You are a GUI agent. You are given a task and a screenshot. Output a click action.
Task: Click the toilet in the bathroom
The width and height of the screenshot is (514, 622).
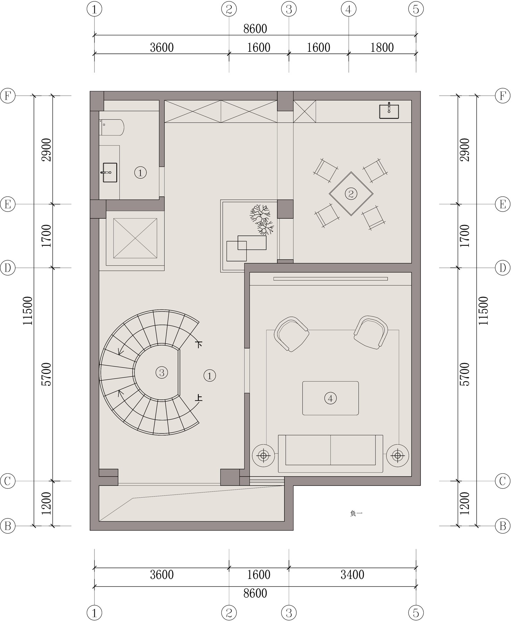click(111, 128)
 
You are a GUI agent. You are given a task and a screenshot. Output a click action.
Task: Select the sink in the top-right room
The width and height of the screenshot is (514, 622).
click(389, 111)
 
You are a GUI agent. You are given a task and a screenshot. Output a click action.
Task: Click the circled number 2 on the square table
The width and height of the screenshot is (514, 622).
click(351, 194)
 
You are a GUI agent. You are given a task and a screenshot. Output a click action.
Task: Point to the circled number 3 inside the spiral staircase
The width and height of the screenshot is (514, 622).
click(161, 373)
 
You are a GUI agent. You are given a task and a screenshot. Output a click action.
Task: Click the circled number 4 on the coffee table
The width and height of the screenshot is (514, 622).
click(330, 398)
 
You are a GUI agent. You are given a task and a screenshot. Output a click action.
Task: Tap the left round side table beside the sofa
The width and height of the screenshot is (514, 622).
click(264, 455)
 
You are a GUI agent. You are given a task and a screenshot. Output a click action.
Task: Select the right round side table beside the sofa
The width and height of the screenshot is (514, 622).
click(398, 455)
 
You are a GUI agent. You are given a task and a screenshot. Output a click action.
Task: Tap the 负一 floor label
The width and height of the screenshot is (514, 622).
click(357, 513)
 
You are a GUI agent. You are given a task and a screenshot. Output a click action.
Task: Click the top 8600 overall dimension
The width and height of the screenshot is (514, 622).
click(255, 29)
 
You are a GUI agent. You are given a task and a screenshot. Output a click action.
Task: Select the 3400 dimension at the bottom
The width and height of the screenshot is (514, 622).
click(352, 575)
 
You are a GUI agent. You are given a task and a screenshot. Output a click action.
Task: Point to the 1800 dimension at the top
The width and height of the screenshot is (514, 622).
click(382, 48)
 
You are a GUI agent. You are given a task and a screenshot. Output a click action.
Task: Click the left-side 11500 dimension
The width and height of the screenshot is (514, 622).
click(27, 311)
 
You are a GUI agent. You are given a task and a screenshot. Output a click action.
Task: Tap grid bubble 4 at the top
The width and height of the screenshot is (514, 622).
click(348, 9)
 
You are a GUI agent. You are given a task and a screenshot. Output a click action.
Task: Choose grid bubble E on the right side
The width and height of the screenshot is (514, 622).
click(503, 204)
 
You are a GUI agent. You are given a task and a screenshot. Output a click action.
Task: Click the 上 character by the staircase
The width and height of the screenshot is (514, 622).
click(199, 398)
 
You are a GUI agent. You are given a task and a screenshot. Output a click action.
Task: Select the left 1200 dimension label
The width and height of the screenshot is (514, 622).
click(46, 504)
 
